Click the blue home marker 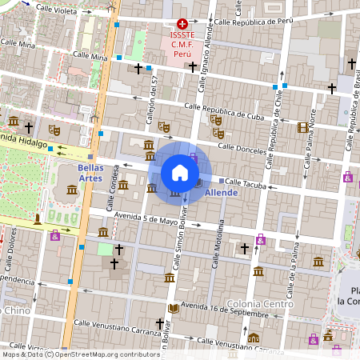click(x=180, y=173)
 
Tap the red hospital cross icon click(x=183, y=25)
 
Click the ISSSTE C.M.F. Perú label click(x=183, y=44)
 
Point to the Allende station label click(x=222, y=194)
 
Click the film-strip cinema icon click(x=302, y=127)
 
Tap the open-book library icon click(x=174, y=309)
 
